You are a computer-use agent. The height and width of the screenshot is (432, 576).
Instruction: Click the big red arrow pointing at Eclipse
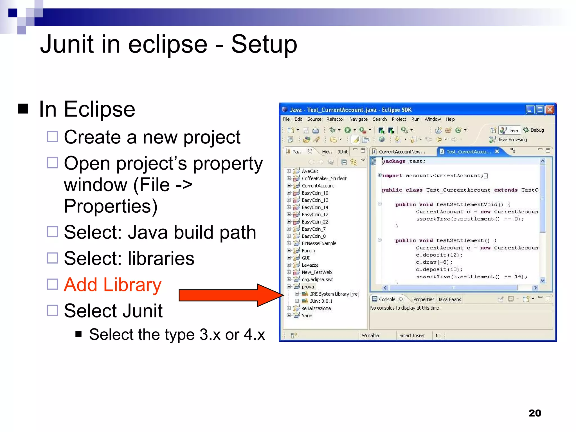pos(231,295)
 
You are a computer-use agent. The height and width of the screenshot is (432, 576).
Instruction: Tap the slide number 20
pos(535,413)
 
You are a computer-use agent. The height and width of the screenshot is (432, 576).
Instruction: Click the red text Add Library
pos(112,285)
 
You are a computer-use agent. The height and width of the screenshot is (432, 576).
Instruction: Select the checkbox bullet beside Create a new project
pos(53,137)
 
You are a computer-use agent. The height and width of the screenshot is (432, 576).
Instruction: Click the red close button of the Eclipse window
pos(550,110)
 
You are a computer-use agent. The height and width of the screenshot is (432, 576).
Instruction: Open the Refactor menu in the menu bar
pos(335,119)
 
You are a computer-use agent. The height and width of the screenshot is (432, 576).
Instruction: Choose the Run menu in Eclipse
pos(415,119)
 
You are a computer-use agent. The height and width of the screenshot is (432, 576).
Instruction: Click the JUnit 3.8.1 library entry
pos(321,301)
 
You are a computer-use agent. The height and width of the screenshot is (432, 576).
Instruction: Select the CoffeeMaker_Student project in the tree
pos(324,178)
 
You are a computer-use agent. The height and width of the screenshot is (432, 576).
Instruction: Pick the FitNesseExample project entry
pos(319,243)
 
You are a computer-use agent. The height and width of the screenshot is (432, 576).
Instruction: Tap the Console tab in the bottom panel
pos(387,299)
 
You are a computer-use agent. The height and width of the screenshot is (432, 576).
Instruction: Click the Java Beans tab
pos(449,299)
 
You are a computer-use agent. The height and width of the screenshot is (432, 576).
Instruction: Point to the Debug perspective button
pos(534,130)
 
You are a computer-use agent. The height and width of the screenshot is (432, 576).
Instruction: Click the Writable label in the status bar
pos(370,336)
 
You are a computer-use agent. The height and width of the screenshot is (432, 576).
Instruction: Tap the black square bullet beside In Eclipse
pos(23,109)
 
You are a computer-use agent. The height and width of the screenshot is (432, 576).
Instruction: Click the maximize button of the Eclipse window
pos(540,110)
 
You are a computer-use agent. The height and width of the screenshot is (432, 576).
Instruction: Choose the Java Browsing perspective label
pos(512,139)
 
